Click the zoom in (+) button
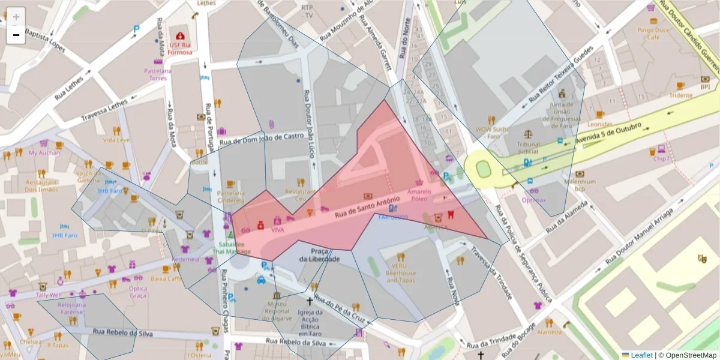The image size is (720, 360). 16,17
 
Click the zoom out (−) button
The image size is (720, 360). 16,35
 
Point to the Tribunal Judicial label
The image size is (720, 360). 528,148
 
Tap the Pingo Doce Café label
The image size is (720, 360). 653,33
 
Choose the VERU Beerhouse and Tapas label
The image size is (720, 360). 400,272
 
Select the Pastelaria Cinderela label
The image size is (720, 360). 230,197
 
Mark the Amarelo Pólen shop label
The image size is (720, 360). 419,194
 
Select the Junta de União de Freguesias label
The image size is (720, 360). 562,111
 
